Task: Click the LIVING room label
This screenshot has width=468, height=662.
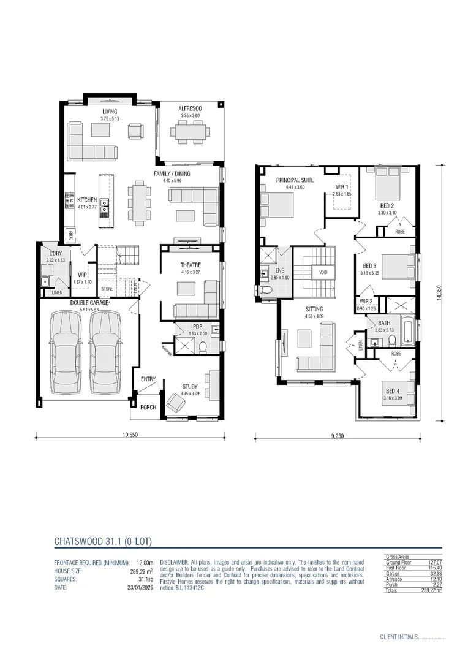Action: point(110,111)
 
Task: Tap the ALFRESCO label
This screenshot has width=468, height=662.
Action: point(191,108)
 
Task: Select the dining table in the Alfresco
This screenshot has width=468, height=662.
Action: point(190,131)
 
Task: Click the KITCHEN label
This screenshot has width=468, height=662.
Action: point(87,200)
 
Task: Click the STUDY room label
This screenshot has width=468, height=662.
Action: point(190,386)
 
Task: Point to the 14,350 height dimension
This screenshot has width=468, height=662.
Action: point(440,293)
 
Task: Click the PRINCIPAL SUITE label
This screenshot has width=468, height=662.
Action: point(295,180)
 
